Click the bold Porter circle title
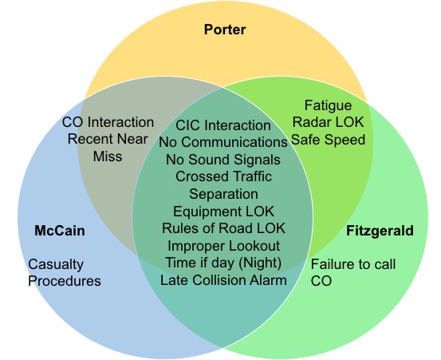click(225, 30)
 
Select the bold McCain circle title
click(60, 231)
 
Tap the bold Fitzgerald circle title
click(380, 231)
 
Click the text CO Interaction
click(108, 122)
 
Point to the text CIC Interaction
click(223, 125)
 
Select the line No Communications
click(223, 142)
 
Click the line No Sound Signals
click(223, 160)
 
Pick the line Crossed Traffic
click(223, 176)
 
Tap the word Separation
click(223, 194)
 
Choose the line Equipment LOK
click(223, 212)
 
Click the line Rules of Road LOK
click(223, 228)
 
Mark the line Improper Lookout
click(223, 246)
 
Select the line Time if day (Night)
click(223, 263)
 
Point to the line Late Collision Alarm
click(223, 280)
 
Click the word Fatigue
click(328, 106)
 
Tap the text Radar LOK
click(328, 122)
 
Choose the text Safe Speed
click(328, 140)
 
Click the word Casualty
click(56, 264)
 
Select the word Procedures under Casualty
click(65, 281)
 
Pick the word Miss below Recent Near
click(108, 156)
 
